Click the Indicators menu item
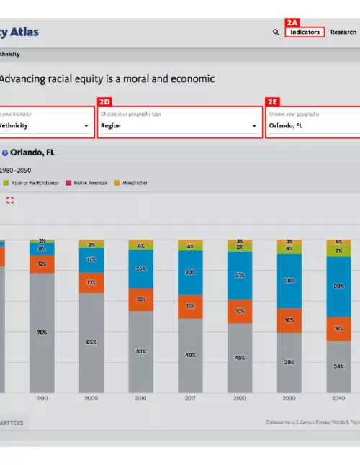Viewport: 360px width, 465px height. [305, 32]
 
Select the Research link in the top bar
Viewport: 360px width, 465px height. [343, 32]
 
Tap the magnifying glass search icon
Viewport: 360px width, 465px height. [276, 32]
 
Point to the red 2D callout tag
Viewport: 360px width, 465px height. [104, 102]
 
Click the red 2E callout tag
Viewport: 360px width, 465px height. [273, 102]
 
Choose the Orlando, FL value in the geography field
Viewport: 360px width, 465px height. [286, 125]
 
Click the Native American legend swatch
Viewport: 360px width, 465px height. [69, 183]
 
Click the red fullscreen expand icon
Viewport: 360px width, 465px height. [10, 200]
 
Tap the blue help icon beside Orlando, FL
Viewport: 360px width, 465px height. [4, 153]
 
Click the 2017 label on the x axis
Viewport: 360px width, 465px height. [190, 397]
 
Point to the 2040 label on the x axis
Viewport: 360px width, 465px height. [338, 397]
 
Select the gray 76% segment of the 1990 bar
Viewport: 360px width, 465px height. [42, 333]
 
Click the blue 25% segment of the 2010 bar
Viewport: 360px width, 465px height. [140, 268]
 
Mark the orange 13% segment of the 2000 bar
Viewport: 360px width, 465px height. [91, 282]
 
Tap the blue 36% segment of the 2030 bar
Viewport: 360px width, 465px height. [289, 281]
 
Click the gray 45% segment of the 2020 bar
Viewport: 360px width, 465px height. [240, 357]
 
